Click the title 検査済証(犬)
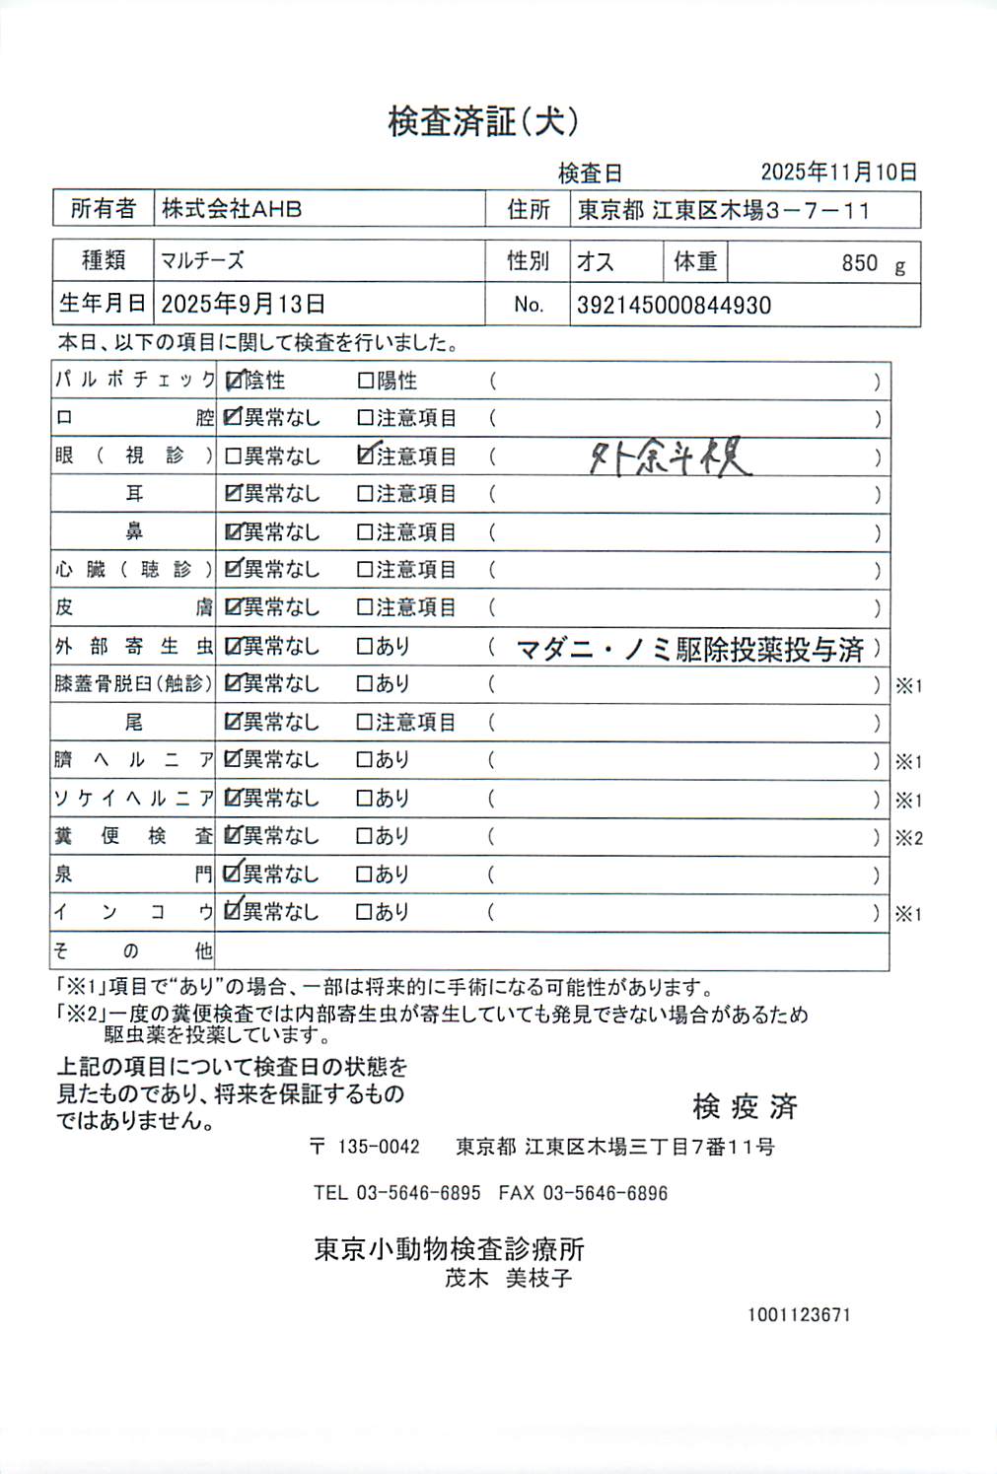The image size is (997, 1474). pyautogui.click(x=482, y=121)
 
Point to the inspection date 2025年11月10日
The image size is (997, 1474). pyautogui.click(x=838, y=173)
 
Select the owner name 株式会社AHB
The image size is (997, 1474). pyautogui.click(x=232, y=209)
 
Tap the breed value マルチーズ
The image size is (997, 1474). pyautogui.click(x=202, y=261)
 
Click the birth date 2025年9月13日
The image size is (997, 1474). pyautogui.click(x=243, y=304)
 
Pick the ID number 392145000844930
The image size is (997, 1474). pyautogui.click(x=674, y=306)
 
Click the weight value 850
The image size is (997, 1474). pyautogui.click(x=859, y=263)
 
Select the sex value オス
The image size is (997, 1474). pyautogui.click(x=596, y=262)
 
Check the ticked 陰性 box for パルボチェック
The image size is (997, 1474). pyautogui.click(x=234, y=381)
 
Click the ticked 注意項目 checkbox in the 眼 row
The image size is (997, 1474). pyautogui.click(x=366, y=456)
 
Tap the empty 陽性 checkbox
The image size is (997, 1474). pyautogui.click(x=366, y=381)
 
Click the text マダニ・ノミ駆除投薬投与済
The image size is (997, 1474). pyautogui.click(x=689, y=649)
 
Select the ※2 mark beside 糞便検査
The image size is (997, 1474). pyautogui.click(x=908, y=838)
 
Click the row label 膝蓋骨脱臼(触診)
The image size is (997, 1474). pyautogui.click(x=133, y=684)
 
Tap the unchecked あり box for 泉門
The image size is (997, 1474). pyautogui.click(x=365, y=875)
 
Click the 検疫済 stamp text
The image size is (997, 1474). pyautogui.click(x=745, y=1107)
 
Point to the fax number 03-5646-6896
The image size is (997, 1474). pyautogui.click(x=605, y=1193)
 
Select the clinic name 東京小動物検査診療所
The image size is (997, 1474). pyautogui.click(x=449, y=1249)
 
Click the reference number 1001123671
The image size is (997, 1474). pyautogui.click(x=799, y=1314)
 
